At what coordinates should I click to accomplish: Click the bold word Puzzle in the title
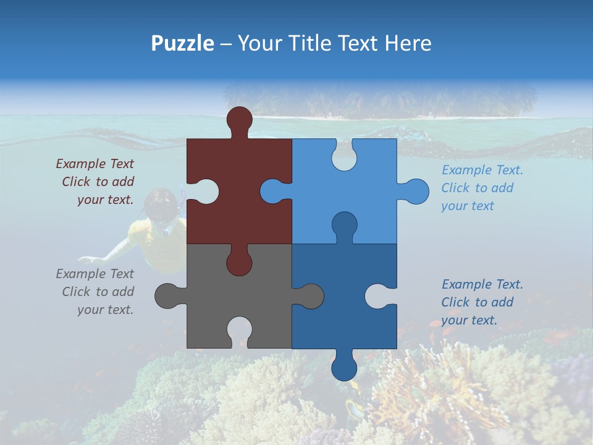(x=183, y=43)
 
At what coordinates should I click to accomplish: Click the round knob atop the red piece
(x=239, y=119)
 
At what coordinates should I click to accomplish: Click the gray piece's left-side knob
(x=167, y=295)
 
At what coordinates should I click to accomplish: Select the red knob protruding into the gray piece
(x=239, y=262)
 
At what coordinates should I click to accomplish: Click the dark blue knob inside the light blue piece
(x=344, y=225)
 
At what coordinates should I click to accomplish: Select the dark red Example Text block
(x=96, y=182)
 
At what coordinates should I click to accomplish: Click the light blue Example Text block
(x=481, y=188)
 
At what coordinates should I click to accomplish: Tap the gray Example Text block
(x=96, y=292)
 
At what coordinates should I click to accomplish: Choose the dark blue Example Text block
(x=481, y=302)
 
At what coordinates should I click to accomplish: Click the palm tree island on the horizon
(x=379, y=102)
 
